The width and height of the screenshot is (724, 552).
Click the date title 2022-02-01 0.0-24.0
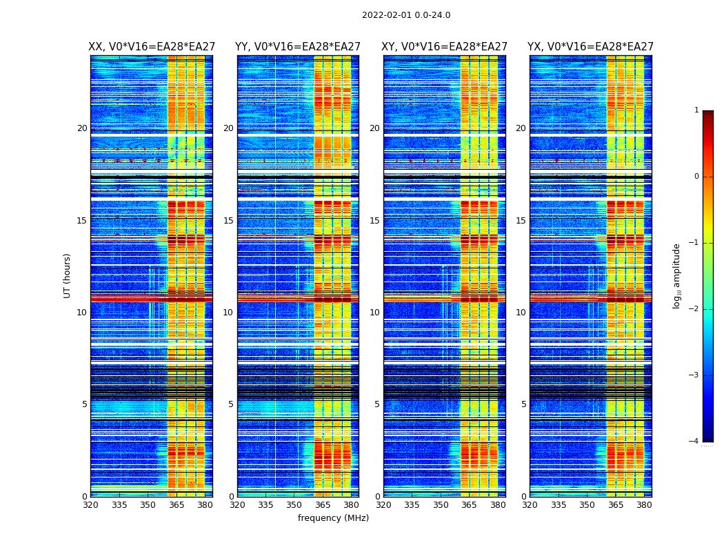[406, 15]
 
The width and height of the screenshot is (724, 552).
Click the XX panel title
[152, 47]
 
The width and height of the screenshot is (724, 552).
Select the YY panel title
[298, 47]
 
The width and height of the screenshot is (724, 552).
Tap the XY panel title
[445, 47]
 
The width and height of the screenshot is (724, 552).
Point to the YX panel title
[590, 47]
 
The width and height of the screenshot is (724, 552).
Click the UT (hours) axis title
[67, 275]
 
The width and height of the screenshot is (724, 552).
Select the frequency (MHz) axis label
[333, 518]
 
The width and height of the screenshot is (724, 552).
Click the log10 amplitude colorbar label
[677, 275]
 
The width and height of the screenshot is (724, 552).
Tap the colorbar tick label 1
[696, 110]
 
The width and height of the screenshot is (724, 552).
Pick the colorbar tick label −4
[694, 442]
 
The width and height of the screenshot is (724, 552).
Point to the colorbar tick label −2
[694, 309]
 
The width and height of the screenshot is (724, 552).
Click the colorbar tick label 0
[696, 177]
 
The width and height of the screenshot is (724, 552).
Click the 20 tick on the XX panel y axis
[82, 128]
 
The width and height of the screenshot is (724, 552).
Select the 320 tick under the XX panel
[90, 505]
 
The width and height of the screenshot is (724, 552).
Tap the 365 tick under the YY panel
[323, 505]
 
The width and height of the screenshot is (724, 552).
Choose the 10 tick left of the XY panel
[374, 313]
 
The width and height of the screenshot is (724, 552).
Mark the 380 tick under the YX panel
[644, 505]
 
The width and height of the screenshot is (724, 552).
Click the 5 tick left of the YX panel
[524, 404]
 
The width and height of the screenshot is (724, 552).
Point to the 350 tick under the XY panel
[441, 505]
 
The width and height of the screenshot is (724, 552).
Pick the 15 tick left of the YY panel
[228, 221]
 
